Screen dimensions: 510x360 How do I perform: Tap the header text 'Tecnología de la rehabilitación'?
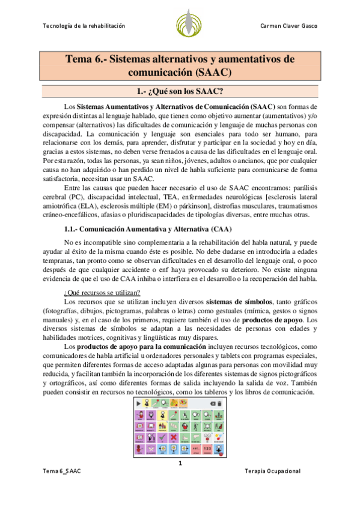coord(84,26)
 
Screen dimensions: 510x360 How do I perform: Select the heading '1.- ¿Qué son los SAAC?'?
coord(180,91)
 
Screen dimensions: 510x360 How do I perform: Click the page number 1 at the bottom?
coord(180,463)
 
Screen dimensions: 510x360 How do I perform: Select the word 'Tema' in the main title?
coord(81,60)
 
